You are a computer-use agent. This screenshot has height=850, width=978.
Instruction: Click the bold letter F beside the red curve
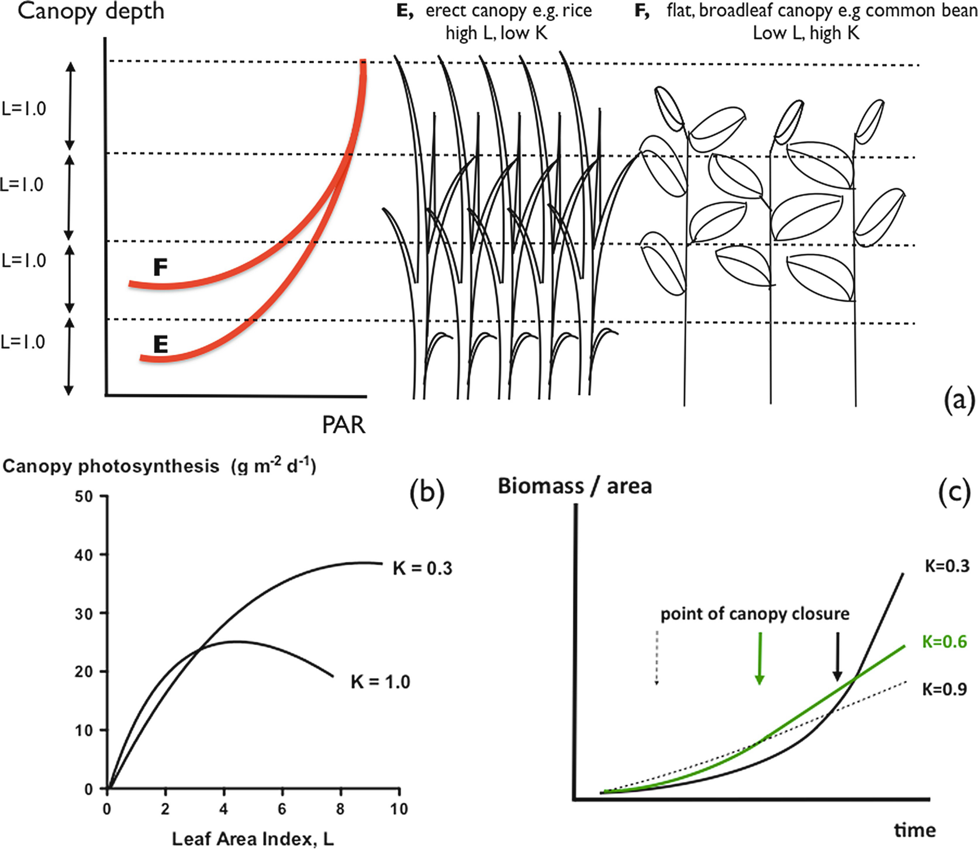pyautogui.click(x=160, y=267)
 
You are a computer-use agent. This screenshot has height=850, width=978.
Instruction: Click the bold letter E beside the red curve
pyautogui.click(x=160, y=344)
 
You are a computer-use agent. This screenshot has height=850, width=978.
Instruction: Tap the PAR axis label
pyautogui.click(x=344, y=425)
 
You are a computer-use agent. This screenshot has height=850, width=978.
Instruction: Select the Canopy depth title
pyautogui.click(x=91, y=11)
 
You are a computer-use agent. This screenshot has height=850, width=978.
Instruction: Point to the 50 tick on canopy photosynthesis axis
pyautogui.click(x=84, y=496)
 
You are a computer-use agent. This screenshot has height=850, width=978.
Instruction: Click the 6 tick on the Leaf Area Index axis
pyautogui.click(x=282, y=809)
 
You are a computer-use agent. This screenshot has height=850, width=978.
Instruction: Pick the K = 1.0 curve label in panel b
pyautogui.click(x=380, y=682)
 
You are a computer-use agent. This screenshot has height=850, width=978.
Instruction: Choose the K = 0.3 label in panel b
pyautogui.click(x=422, y=568)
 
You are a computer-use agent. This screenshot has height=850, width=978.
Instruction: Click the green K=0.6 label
pyautogui.click(x=944, y=641)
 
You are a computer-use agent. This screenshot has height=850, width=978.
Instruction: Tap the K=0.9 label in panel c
pyautogui.click(x=944, y=689)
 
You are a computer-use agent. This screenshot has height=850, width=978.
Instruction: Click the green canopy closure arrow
pyautogui.click(x=759, y=658)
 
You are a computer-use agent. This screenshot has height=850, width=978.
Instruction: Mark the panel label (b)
pyautogui.click(x=427, y=492)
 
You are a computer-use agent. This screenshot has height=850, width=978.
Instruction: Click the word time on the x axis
pyautogui.click(x=914, y=830)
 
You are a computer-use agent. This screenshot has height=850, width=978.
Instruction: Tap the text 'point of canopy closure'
pyautogui.click(x=755, y=614)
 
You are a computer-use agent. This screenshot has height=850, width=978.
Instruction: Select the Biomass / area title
pyautogui.click(x=574, y=486)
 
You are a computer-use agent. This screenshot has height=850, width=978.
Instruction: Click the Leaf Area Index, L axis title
pyautogui.click(x=253, y=839)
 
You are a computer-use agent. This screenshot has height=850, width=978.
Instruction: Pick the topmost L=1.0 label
pyautogui.click(x=23, y=109)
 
